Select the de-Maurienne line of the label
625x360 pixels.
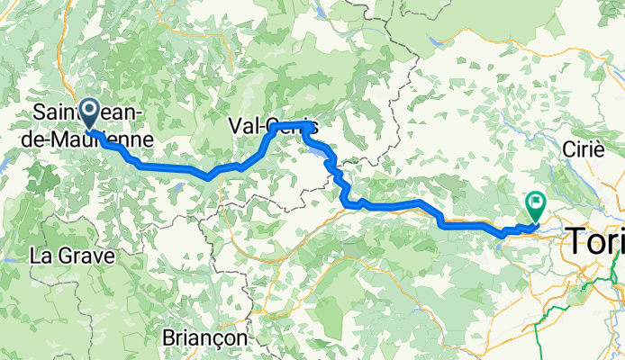[x=93, y=139]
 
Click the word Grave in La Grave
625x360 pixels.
[x=88, y=256]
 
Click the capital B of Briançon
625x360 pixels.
[x=169, y=336]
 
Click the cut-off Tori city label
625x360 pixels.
[x=593, y=240]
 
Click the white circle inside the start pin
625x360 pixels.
[x=90, y=111]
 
